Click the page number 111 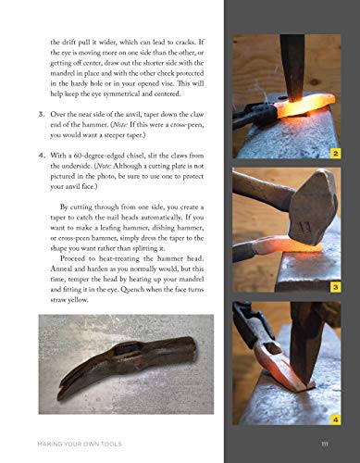320,441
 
